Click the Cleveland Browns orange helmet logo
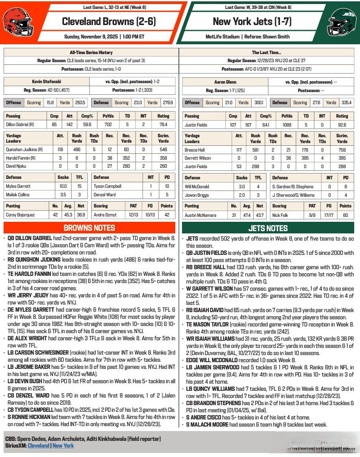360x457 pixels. pos(16,22)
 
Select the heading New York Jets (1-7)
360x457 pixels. pos(247,21)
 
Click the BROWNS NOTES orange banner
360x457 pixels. pos(89,228)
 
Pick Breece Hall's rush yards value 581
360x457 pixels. pos(256,150)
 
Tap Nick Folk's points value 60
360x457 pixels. pos(345,215)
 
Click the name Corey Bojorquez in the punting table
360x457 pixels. pos(20,215)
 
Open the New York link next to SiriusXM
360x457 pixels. pos(63,446)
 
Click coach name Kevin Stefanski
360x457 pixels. pos(46,82)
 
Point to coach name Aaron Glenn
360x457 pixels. pos(226,82)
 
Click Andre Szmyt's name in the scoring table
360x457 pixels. pos(106,215)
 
